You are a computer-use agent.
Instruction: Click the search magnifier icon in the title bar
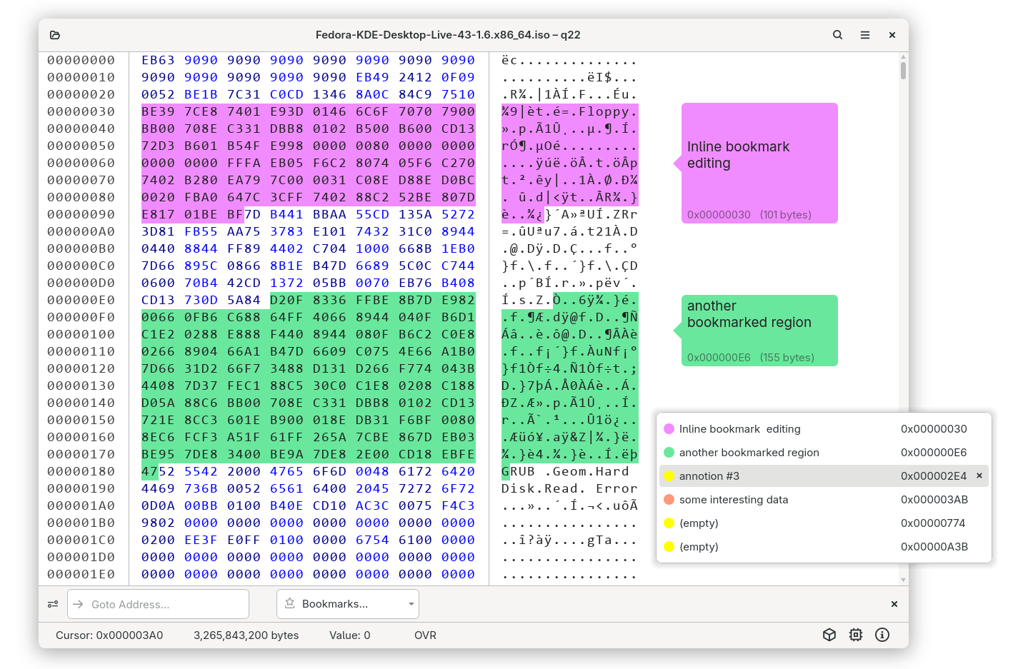(x=837, y=35)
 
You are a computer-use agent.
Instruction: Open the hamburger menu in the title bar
(x=864, y=35)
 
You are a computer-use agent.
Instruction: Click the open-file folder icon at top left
(x=55, y=35)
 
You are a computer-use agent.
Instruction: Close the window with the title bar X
(x=892, y=35)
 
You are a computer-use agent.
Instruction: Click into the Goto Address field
(x=158, y=604)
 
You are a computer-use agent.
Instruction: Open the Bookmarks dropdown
(x=347, y=604)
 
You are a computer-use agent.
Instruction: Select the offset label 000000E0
(x=81, y=301)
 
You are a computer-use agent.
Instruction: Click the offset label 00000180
(x=81, y=471)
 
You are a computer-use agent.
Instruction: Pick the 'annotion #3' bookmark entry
(x=709, y=476)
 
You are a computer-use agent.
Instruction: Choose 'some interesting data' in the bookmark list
(x=734, y=500)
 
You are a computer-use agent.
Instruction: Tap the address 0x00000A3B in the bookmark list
(x=934, y=547)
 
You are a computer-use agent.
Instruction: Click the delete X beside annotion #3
(x=979, y=476)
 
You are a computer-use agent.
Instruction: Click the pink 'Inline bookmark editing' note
(x=759, y=163)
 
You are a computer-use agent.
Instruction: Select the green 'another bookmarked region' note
(x=759, y=331)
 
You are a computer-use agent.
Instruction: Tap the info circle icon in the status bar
(x=882, y=635)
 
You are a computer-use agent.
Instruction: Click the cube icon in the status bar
(x=829, y=635)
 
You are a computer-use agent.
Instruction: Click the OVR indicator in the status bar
(x=425, y=635)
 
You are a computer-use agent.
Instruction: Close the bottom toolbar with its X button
(x=894, y=604)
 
